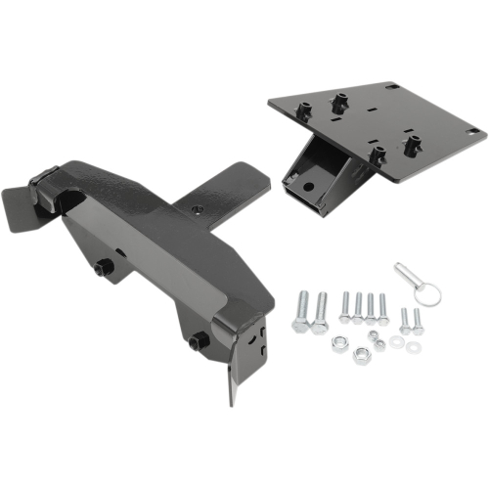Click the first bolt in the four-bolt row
coord(345,307)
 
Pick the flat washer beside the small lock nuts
coord(396,343)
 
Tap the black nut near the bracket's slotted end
coord(198,340)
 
